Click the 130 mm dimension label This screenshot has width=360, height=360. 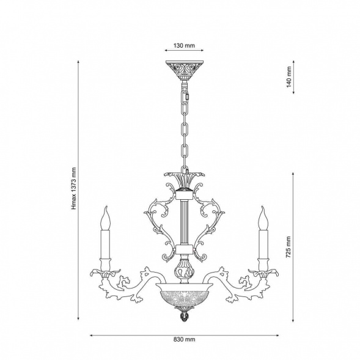coord(184,45)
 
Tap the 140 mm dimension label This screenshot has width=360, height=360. coord(289,76)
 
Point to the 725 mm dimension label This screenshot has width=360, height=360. coord(288,247)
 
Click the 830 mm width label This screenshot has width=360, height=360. coord(184,339)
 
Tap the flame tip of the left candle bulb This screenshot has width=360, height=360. coord(106,207)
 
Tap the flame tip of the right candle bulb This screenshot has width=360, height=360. coord(262,207)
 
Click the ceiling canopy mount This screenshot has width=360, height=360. coord(185,70)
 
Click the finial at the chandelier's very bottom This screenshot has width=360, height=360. coord(184,317)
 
